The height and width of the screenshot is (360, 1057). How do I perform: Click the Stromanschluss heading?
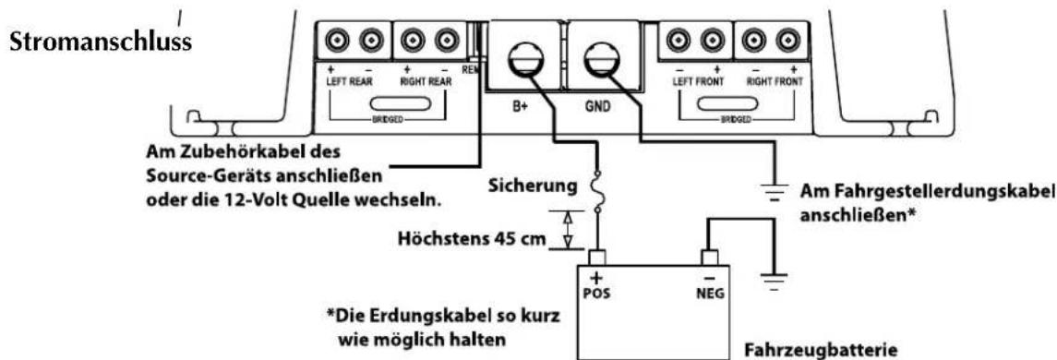(x=96, y=44)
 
